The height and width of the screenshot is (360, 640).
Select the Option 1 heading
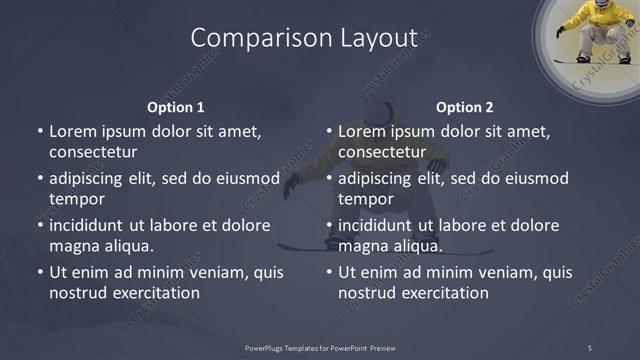click(176, 107)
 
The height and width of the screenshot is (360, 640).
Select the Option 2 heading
click(465, 107)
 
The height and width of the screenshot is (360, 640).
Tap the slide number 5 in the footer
click(589, 347)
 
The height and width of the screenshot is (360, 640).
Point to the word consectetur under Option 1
click(93, 152)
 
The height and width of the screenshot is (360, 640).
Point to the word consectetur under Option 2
click(382, 152)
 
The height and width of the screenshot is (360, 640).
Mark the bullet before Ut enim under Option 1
click(40, 272)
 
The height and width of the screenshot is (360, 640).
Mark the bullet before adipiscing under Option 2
click(329, 179)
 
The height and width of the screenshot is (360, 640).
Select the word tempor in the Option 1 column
click(72, 199)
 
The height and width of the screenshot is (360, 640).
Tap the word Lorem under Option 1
click(72, 131)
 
